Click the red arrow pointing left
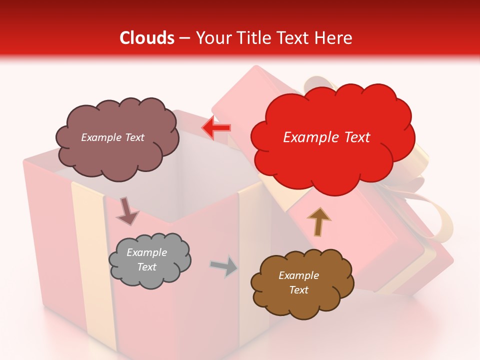click(216, 128)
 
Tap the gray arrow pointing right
click(224, 266)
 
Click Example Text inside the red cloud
click(326, 137)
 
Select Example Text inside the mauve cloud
click(113, 137)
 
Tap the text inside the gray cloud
click(147, 259)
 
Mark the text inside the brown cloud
click(299, 282)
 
